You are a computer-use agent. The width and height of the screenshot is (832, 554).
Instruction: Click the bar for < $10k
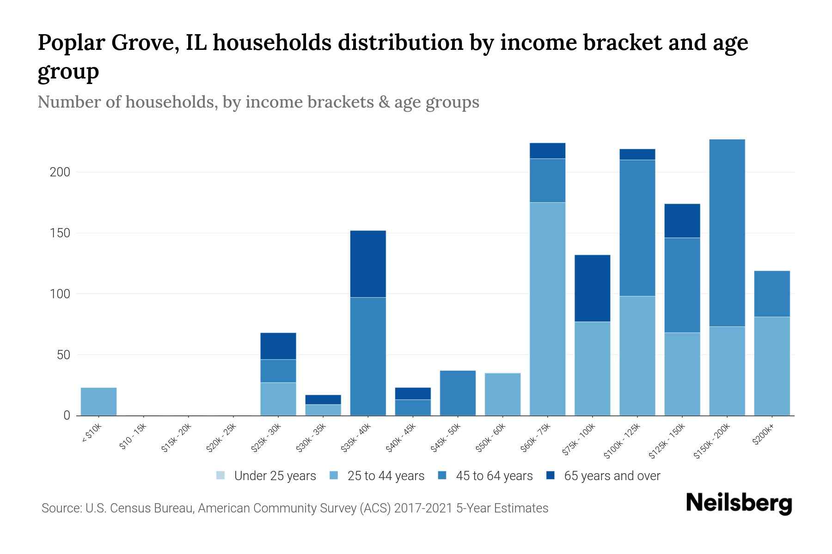[98, 401]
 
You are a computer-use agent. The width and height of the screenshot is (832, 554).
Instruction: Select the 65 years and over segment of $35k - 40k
[368, 264]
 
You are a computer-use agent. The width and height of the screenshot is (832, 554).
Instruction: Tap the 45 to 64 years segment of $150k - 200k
[727, 233]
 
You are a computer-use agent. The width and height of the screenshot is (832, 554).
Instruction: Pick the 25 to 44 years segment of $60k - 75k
[547, 308]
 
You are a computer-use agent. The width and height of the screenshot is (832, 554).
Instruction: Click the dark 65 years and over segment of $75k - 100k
[592, 288]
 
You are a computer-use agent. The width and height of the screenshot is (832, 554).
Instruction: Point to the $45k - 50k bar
[458, 393]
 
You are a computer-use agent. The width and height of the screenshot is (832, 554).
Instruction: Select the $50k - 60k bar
[502, 394]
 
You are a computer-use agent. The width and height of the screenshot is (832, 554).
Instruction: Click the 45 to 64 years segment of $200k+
[772, 294]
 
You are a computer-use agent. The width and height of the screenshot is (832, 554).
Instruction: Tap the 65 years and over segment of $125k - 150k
[682, 221]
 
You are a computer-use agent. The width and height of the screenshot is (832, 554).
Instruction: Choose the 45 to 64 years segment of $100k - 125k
[637, 228]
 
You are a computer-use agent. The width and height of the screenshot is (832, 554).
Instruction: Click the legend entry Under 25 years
[266, 476]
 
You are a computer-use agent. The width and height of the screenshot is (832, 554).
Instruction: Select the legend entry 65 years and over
[603, 476]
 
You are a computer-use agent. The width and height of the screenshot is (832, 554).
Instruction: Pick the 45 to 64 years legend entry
[485, 476]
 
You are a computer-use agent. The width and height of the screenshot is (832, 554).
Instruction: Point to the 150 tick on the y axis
[60, 233]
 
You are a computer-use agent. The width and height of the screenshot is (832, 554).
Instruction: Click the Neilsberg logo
[739, 503]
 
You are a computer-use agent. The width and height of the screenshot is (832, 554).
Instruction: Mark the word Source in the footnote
[60, 508]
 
